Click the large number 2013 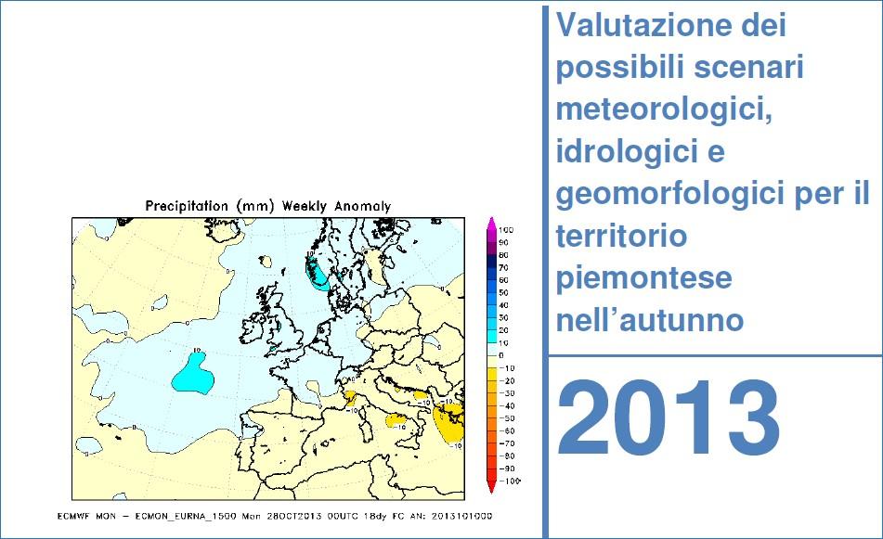[669, 419]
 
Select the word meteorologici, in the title [664, 109]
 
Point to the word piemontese [643, 278]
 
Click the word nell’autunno [650, 320]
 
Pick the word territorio [621, 237]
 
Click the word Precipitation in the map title [187, 206]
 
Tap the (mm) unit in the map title [254, 206]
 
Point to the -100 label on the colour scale [509, 481]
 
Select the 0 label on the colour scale [501, 355]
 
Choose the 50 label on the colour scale [504, 292]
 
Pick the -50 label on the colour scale [507, 418]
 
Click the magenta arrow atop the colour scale [490, 223]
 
